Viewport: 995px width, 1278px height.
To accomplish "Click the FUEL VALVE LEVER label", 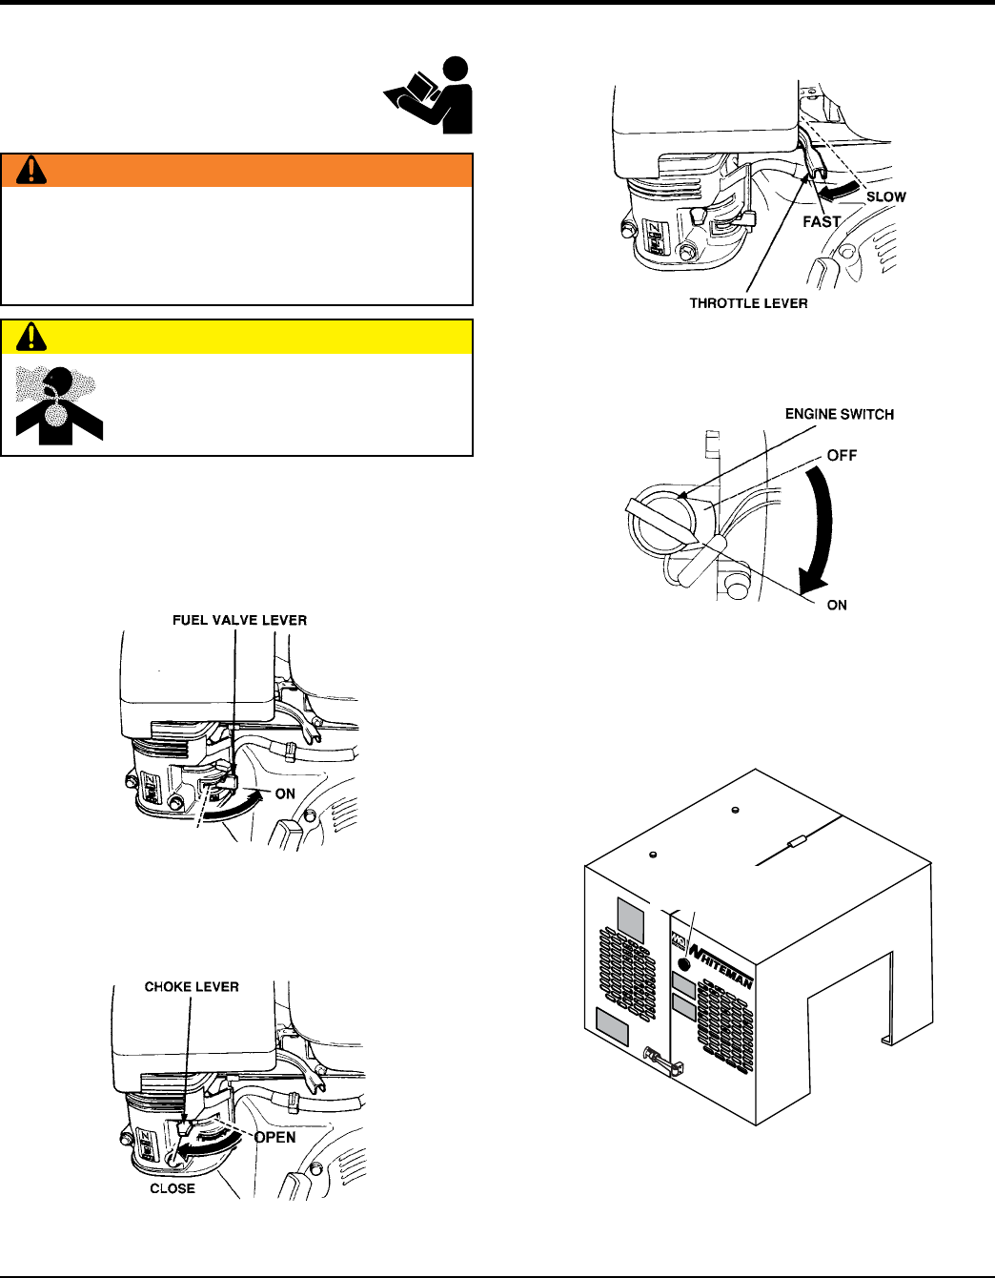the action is (x=240, y=621).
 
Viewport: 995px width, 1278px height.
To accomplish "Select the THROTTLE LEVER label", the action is (x=749, y=303).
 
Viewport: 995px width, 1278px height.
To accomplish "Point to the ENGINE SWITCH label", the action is (x=840, y=415).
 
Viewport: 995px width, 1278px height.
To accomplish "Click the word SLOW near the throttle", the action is (x=886, y=197).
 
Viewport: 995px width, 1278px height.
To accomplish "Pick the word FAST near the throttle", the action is (x=822, y=221).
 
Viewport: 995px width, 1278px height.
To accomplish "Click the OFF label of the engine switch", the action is (x=843, y=455).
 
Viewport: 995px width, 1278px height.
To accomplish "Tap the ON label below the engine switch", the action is (x=837, y=606).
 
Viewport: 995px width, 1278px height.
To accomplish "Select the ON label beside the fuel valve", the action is (x=285, y=794).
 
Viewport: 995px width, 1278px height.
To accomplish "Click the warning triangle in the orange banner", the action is (x=31, y=170).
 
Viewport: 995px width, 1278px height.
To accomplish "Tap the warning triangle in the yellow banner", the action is (x=31, y=337).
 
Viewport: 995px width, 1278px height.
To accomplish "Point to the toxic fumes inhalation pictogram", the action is (x=59, y=405).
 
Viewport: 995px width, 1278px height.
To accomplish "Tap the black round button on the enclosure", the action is (x=684, y=965).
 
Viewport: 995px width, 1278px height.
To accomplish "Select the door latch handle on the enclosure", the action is (x=664, y=1062).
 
